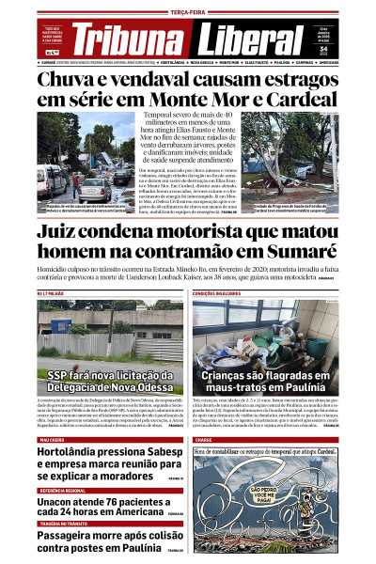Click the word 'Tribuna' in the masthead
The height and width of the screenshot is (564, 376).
(x=126, y=40)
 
